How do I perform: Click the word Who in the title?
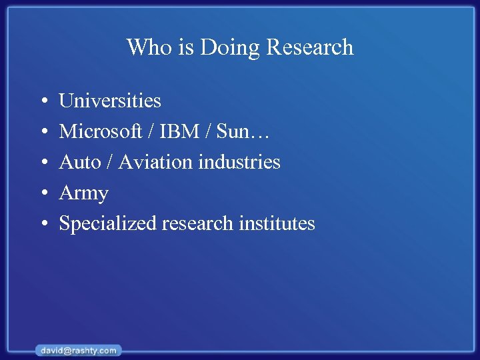(x=145, y=47)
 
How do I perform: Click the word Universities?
(x=110, y=101)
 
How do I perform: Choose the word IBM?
(x=179, y=131)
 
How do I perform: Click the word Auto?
(x=79, y=162)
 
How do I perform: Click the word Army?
(x=83, y=193)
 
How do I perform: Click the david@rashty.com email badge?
(x=78, y=350)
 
